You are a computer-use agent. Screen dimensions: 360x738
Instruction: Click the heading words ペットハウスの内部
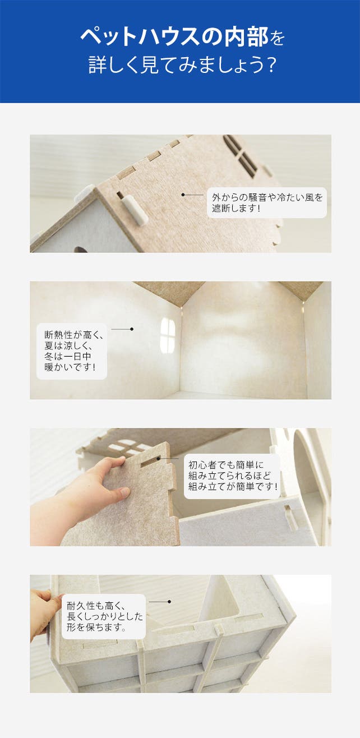[175, 36]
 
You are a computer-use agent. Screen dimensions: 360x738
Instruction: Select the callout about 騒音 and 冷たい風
[267, 202]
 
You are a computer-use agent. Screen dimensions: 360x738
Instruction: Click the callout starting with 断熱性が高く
[72, 351]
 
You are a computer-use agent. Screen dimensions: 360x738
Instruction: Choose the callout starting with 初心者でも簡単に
[232, 476]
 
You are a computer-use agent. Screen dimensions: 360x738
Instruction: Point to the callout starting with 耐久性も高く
[104, 617]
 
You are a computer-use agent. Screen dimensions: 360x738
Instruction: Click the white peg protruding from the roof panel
[135, 210]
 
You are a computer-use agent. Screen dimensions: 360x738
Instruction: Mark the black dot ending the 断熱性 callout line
[132, 329]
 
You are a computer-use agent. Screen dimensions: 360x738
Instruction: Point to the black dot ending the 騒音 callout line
[183, 195]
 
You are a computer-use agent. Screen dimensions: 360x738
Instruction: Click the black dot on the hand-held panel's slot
[159, 458]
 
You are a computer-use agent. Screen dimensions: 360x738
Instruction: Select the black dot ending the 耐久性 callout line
[169, 602]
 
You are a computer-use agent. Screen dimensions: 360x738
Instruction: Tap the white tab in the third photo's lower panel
[290, 516]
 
